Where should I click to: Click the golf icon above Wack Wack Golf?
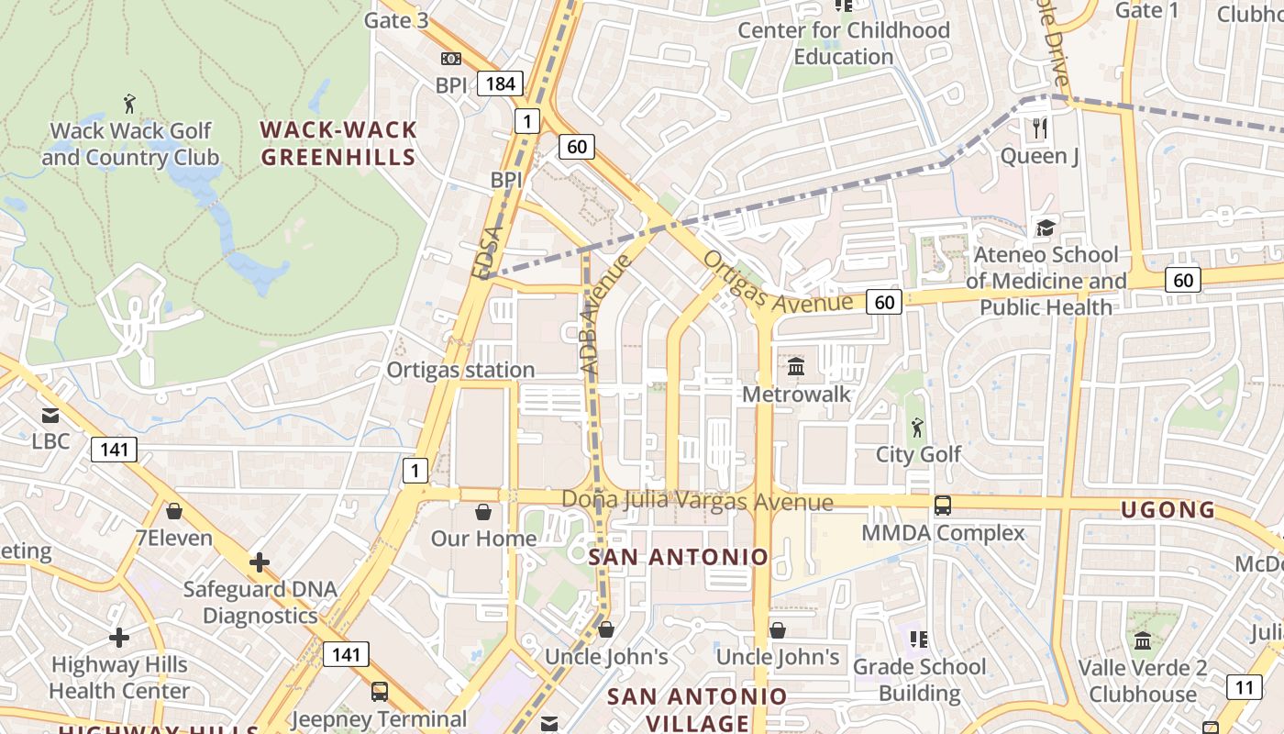pos(128,102)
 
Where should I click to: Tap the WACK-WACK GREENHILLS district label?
pos(338,143)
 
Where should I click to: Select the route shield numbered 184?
pos(501,84)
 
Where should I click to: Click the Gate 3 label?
pos(396,19)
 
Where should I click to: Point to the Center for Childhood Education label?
pos(844,43)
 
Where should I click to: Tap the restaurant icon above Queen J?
pos(1039,128)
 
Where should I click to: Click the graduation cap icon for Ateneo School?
pos(1046,228)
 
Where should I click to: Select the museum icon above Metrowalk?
pos(796,367)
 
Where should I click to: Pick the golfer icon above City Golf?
pos(917,427)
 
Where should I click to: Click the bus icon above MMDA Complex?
pos(942,505)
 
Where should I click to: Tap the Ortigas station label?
pos(460,370)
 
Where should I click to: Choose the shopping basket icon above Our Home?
pos(483,511)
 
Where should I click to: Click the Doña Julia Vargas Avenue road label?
pos(697,501)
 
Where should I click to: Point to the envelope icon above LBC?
pos(50,416)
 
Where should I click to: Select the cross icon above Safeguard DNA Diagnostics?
pos(260,562)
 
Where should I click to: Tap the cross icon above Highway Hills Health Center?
pos(118,637)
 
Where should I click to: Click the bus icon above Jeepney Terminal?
pos(379,692)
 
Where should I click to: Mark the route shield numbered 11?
pos(1244,686)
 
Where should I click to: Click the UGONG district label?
pos(1168,509)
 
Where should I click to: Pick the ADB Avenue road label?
pos(606,314)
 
